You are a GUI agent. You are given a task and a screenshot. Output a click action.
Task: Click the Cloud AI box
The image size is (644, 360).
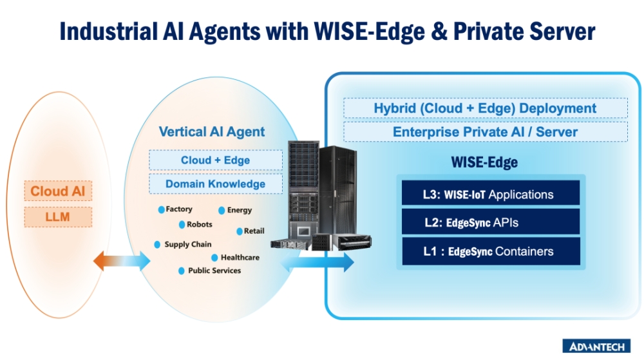coord(58,191)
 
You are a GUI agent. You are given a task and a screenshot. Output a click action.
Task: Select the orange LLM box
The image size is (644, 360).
coord(58,217)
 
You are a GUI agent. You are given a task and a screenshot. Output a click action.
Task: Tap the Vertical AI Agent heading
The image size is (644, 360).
coord(212,132)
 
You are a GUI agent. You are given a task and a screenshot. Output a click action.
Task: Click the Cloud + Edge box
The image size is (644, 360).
coord(215,160)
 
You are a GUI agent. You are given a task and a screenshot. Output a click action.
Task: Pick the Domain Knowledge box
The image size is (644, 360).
coord(215,184)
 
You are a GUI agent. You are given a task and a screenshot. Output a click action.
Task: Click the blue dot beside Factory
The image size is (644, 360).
coord(161,210)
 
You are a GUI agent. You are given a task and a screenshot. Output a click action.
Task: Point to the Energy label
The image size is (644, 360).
coord(240,210)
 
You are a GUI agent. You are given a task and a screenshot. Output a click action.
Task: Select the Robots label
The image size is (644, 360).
coord(199,225)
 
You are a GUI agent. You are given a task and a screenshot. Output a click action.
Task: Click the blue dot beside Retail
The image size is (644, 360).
coord(239,231)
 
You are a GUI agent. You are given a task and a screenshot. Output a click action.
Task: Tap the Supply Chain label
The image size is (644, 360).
coord(186,245)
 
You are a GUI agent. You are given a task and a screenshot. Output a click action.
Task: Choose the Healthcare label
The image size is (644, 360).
coord(240,258)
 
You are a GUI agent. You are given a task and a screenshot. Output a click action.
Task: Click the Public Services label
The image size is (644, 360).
coord(214,270)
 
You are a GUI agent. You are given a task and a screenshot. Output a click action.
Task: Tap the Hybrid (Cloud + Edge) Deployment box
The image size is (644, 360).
coord(485,108)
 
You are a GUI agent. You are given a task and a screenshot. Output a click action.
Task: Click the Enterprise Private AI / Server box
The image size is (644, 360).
coord(485,132)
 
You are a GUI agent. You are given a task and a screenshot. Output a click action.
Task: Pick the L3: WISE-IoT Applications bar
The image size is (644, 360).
coord(490,194)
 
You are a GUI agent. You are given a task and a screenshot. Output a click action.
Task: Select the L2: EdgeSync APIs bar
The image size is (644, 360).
coord(490,223)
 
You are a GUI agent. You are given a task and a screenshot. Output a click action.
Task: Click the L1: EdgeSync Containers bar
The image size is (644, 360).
coord(490,251)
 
